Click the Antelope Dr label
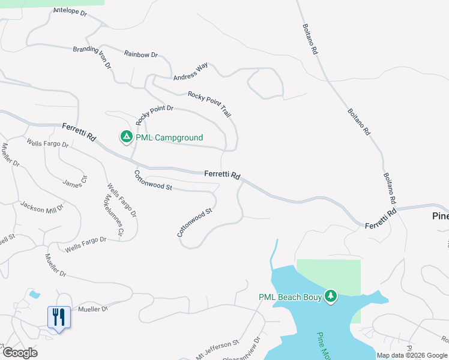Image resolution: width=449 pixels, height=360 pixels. pos(70,11)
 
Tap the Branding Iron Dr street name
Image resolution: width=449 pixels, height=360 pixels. pos(92,58)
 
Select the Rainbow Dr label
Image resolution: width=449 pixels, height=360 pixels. pos(140,54)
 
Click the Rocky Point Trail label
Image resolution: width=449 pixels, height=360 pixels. pos(209,104)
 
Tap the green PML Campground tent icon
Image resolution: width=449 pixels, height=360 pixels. pos(126,137)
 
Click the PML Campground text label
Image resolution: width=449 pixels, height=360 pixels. pos(169,137)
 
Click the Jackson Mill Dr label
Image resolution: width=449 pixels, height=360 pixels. pos(42,207)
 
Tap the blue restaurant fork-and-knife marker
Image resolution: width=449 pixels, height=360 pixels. pos(59,316)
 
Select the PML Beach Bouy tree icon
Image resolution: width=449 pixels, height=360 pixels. pos(330,296)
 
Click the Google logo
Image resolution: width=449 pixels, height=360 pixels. pos(19,352)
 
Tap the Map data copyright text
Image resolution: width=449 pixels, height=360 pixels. pos(412,355)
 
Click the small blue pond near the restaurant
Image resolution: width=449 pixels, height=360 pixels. pos(34,295)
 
